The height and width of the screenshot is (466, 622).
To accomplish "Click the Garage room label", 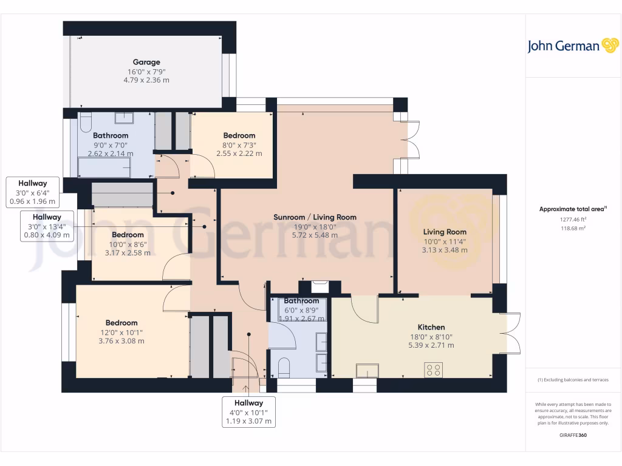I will [146, 62].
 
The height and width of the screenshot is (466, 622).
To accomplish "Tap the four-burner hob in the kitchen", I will [433, 370].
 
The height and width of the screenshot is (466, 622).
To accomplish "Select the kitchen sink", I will [367, 370].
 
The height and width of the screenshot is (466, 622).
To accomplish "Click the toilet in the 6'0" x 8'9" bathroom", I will [284, 367].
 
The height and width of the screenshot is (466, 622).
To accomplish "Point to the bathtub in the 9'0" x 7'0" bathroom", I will [104, 167].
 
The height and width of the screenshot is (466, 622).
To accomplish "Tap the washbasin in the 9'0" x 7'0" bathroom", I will [124, 118].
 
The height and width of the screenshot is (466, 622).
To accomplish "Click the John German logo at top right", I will [572, 46].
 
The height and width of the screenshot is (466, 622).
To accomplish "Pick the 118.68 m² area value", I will [573, 228].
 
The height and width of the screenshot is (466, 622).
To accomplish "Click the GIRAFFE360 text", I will [573, 435].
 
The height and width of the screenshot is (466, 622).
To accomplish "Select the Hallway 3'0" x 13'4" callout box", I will [47, 226].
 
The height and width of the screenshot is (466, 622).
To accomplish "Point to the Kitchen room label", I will [431, 327].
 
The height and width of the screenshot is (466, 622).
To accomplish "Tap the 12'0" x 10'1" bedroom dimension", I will [121, 332].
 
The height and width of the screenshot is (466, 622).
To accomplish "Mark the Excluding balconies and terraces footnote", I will [573, 380].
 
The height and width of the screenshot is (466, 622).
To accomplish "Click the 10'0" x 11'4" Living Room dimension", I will [445, 240].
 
